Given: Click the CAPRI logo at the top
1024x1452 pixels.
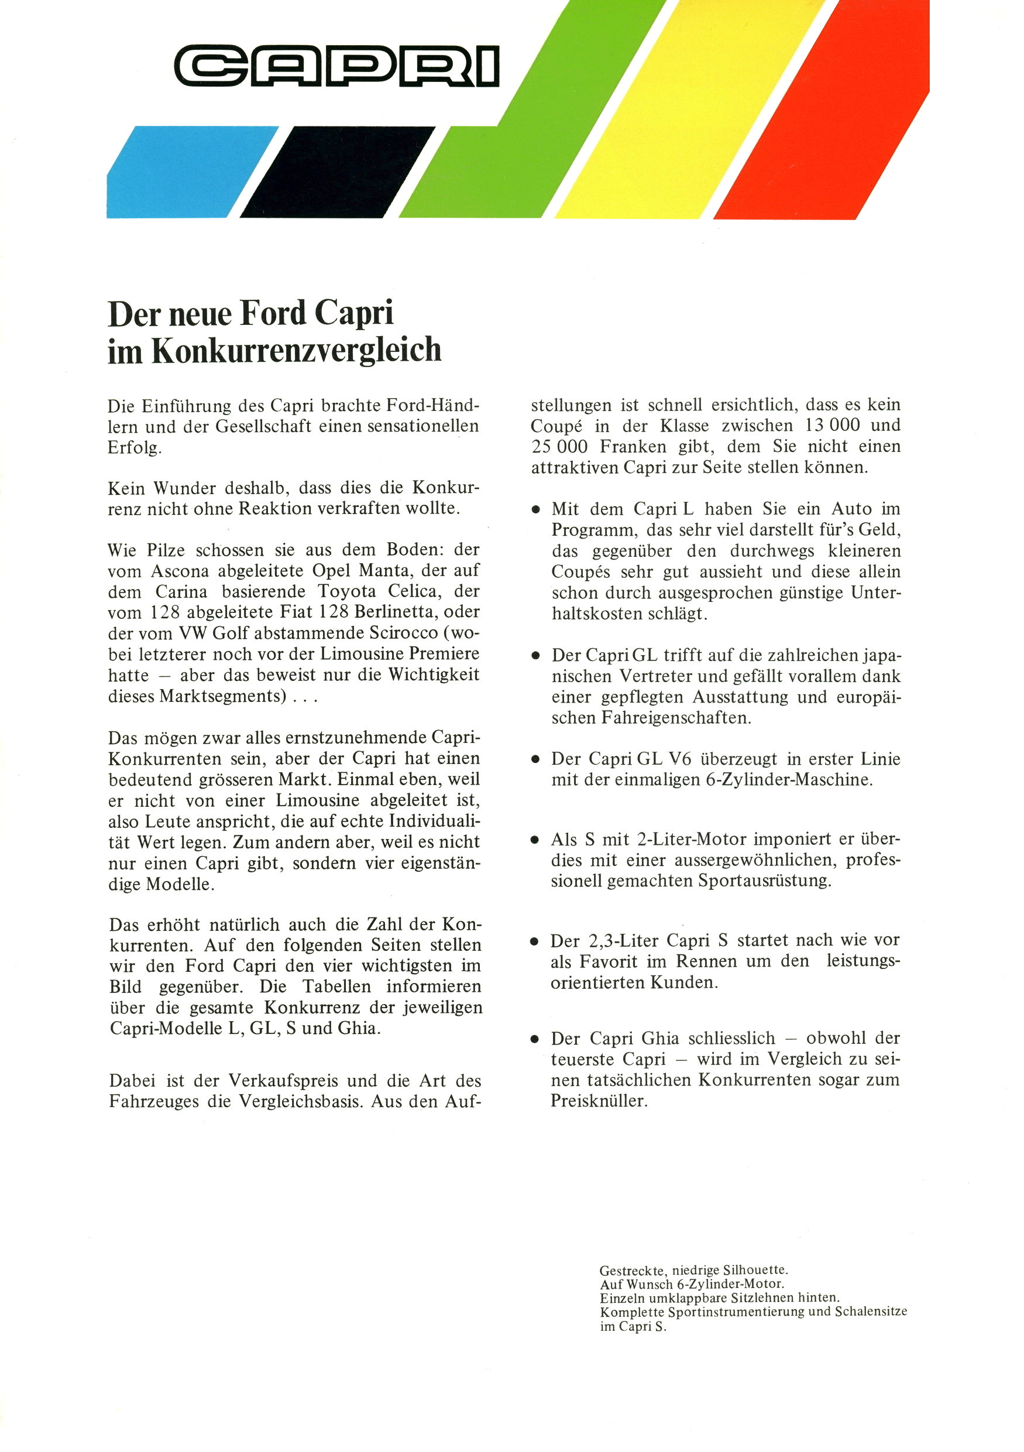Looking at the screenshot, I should [337, 66].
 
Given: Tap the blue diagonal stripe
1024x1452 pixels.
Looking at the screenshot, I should [190, 172].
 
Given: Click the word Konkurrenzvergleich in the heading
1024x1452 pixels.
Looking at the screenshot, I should [297, 350].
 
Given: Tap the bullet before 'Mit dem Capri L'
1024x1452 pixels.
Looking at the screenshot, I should [536, 510].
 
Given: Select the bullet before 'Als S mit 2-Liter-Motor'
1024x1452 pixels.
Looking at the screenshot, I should [536, 841].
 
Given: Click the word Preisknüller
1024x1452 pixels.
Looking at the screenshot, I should [599, 1101].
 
